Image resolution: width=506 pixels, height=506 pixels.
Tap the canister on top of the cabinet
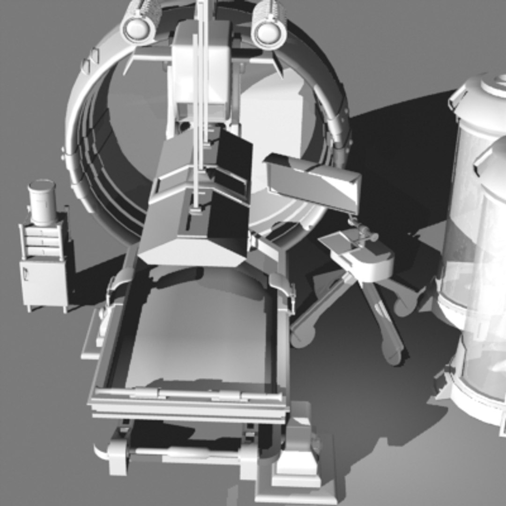point(43,202)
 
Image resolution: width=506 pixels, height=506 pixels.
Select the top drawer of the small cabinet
point(43,231)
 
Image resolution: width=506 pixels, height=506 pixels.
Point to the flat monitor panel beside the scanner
point(313,183)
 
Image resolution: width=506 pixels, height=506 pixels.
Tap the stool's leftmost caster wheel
point(301,336)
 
